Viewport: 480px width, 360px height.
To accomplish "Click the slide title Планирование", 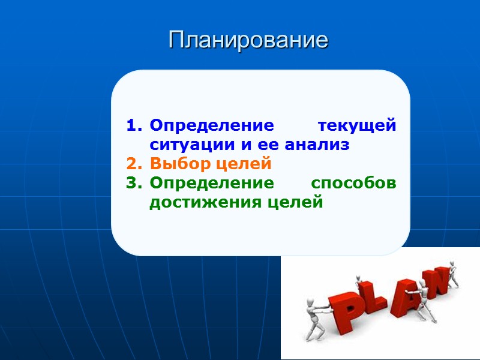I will click(x=248, y=40).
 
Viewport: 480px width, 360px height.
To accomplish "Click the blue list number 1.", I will click(x=133, y=127).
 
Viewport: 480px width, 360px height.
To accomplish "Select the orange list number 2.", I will click(x=133, y=164).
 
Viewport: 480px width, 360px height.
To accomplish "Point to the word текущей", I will click(x=357, y=127).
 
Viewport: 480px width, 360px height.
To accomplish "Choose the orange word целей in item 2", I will click(x=242, y=164).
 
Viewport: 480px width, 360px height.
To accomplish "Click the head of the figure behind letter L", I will click(x=359, y=278).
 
